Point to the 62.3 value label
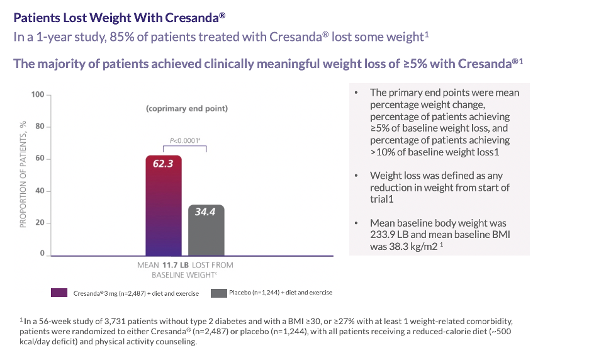164,164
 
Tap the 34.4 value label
205,212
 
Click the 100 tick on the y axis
38,95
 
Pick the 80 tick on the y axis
40,127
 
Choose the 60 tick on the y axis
40,158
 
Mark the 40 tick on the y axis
40,191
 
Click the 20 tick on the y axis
40,223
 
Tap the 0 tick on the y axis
42,254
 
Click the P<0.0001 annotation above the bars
185,141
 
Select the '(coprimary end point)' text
187,108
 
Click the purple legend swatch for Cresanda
60,293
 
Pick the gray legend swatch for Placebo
218,293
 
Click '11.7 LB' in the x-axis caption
176,265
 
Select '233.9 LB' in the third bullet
391,235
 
